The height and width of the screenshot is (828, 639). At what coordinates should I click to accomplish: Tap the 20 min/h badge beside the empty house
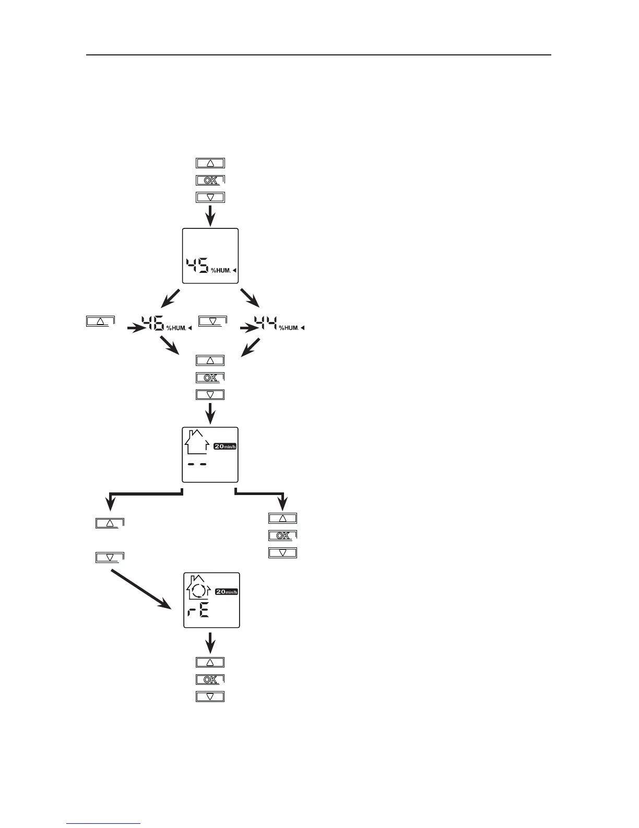point(225,446)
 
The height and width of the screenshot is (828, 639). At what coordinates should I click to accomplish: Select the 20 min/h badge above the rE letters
point(227,591)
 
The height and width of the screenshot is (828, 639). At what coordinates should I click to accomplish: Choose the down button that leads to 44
point(212,321)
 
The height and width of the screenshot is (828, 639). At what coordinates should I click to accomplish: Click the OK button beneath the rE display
point(210,680)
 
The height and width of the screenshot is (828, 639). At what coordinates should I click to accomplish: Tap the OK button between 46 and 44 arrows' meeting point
point(210,377)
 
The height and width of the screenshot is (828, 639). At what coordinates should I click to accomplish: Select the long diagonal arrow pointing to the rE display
point(141,589)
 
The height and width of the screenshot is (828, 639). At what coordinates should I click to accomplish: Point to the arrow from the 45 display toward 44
point(250,298)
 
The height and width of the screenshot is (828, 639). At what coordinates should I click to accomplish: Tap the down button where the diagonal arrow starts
point(110,557)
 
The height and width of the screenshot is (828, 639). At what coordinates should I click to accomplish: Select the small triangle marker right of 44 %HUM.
point(303,328)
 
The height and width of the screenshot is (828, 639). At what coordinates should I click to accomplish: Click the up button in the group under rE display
point(210,662)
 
